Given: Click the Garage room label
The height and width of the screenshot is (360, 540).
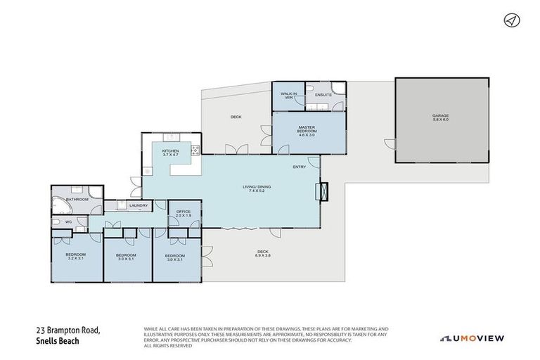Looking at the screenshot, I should [x=440, y=117].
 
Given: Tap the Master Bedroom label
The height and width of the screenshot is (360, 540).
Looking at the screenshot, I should [x=306, y=131].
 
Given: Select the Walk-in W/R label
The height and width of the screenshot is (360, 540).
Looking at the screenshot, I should [x=288, y=96].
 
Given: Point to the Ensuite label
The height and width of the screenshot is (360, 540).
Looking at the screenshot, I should [x=323, y=94].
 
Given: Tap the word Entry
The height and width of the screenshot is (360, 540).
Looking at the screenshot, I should [x=300, y=167].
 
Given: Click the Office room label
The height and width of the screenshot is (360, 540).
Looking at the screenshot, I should [x=184, y=213].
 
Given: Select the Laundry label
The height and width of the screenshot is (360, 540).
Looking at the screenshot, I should [x=138, y=205].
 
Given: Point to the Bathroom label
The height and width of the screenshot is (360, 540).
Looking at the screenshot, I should [x=77, y=199].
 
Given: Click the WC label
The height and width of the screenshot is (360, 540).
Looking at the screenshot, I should [x=69, y=222].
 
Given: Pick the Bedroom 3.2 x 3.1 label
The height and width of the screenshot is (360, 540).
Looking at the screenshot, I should [x=76, y=256].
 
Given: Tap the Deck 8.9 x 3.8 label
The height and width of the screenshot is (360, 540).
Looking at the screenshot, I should [x=263, y=253].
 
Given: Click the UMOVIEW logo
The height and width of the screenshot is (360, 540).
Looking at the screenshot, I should [x=472, y=338].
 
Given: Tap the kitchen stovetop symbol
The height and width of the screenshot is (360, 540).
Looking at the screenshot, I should [x=195, y=149].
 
